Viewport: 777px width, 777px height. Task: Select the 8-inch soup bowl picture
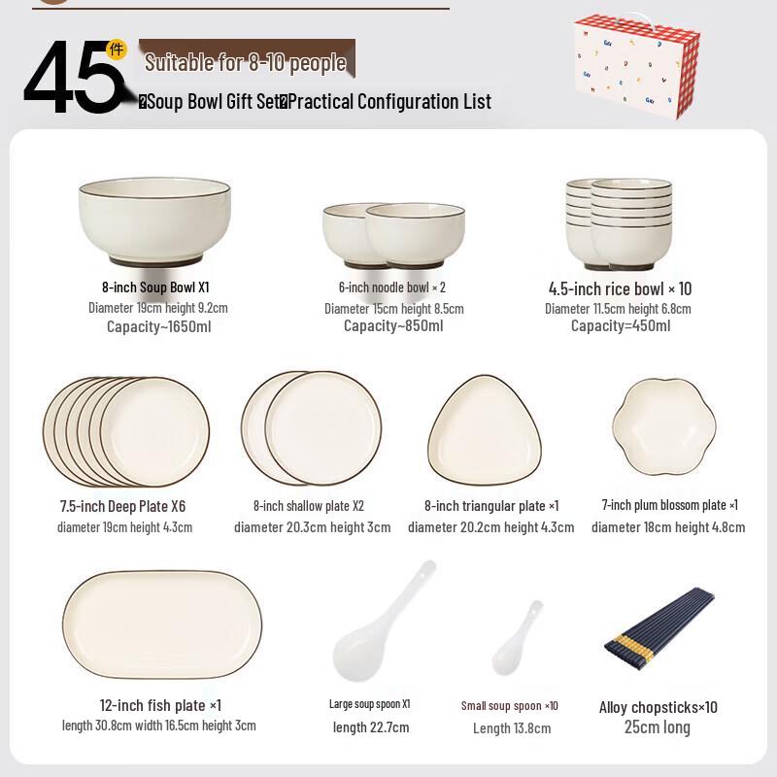click(154, 221)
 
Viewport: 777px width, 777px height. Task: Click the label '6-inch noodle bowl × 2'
click(392, 287)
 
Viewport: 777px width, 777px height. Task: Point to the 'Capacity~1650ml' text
click(158, 326)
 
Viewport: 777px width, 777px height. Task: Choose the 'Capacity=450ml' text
click(620, 326)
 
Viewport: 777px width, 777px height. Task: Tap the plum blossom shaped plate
click(664, 425)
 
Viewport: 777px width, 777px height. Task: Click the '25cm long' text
click(658, 727)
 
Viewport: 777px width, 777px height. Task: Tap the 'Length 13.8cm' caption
click(512, 728)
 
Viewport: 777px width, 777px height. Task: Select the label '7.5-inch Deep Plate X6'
click(122, 506)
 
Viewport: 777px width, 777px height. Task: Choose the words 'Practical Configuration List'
click(389, 101)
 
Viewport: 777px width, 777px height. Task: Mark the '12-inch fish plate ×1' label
click(160, 705)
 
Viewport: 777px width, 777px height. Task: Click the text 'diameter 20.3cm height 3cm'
click(312, 527)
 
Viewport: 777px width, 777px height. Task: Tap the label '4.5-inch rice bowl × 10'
click(620, 288)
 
